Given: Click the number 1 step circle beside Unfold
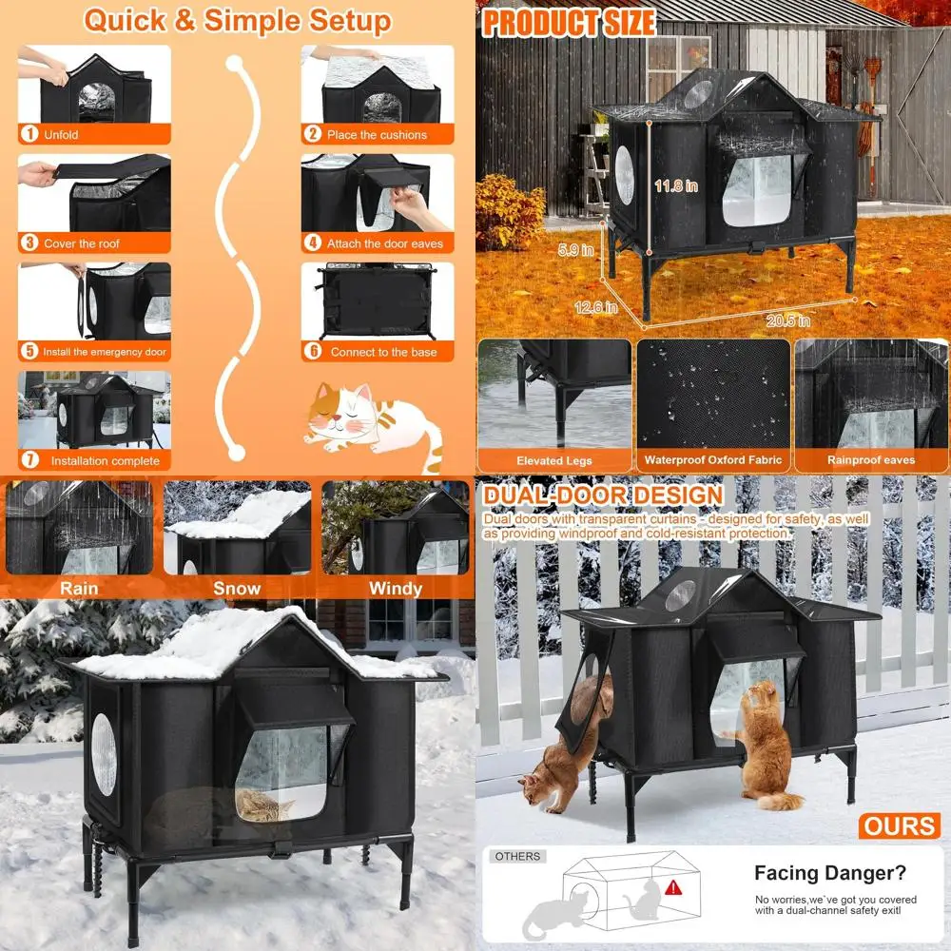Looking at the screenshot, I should pos(29,135).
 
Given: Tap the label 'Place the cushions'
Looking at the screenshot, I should pos(377,135).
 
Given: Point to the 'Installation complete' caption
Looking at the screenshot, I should pos(105,461).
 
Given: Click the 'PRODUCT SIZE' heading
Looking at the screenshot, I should pos(568,22).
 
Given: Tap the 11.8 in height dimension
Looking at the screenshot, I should pos(675,186).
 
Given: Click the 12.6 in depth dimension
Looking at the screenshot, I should pos(595,307).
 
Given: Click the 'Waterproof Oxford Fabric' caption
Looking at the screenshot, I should pos(713,460).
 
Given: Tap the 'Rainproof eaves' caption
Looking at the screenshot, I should pos(870,460).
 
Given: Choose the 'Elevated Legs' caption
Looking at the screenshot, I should pos(554,461).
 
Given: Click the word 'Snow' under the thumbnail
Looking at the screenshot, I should pos(236,589).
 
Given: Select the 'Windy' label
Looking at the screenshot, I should pos(395,589).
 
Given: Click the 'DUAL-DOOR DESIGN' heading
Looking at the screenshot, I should pos(603,495).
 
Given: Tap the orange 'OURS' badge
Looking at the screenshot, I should pos(901,825).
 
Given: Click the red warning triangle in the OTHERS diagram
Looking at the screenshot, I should pos(673,888).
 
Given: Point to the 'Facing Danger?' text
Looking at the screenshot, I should pos(830,873).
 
